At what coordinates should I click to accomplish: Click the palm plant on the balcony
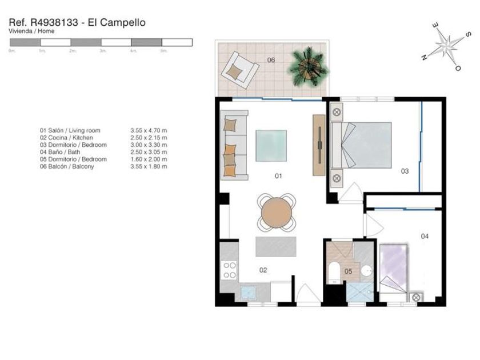(309, 67)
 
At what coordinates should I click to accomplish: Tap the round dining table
(277, 213)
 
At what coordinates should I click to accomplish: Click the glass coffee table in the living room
(271, 146)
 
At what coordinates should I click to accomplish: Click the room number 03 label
(405, 171)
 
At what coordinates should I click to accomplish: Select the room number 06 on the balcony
(271, 60)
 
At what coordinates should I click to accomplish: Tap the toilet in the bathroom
(334, 273)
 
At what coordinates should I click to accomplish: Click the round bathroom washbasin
(366, 271)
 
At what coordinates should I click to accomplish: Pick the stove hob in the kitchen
(229, 270)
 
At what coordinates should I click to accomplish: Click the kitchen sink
(248, 293)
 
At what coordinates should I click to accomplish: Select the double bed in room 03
(362, 145)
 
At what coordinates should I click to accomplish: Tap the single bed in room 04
(393, 269)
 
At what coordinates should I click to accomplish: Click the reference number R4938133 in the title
(54, 22)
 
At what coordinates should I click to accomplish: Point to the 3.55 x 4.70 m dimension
(149, 130)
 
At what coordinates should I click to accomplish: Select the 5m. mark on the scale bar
(163, 51)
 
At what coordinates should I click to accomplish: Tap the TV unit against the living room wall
(319, 145)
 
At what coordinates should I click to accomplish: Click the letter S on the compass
(468, 35)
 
